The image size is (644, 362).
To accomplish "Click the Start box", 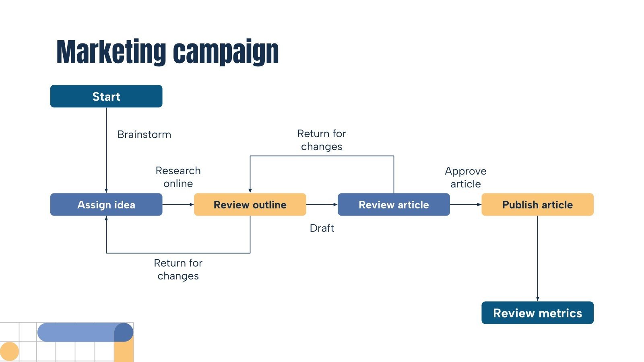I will coord(106,96).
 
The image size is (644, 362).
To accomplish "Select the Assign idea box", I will coord(106,205).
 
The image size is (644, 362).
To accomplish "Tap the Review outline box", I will coord(250,205).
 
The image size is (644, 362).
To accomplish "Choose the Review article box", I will coord(394,205).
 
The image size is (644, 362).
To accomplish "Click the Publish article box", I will coord(537,205).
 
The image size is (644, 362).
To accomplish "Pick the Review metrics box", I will coord(537,313).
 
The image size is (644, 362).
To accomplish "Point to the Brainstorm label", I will coord(144,134).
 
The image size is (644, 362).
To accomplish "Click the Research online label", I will coord(178,177).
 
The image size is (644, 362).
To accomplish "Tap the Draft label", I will coord(322,228).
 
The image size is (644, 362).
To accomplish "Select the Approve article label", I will coord(466,177).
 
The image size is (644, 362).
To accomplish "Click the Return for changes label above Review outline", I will coord(322,140).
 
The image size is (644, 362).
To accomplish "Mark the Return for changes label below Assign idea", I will coord(178,269).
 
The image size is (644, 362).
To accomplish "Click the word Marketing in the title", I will coord(111,52).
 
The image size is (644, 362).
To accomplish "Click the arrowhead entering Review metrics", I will coord(537,299).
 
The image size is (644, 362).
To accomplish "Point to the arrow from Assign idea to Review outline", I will coord(178,205).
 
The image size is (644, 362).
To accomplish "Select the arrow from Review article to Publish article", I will coord(465,205).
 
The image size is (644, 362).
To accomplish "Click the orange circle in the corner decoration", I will coord(9,352).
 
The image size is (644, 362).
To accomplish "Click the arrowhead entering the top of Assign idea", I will coord(106,191).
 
